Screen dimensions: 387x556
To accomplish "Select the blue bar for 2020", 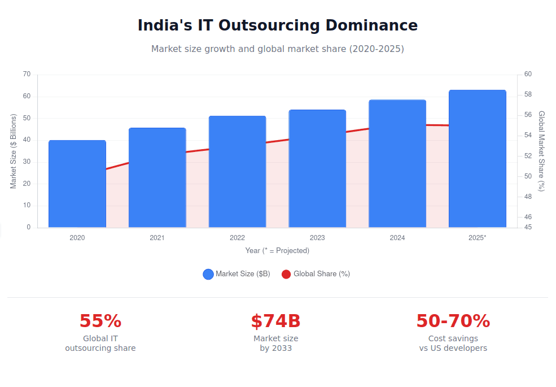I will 77,184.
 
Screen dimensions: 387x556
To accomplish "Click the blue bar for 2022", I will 237,172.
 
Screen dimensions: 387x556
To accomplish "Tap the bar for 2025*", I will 477,159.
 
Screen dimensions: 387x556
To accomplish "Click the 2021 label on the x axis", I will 157,238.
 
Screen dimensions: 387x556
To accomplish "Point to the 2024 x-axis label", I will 397,238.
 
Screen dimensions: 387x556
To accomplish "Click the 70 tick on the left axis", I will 27,74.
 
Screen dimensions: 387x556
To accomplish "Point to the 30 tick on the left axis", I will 27,162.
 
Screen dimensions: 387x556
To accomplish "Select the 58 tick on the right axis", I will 528,94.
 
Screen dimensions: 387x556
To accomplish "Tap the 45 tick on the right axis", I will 528,227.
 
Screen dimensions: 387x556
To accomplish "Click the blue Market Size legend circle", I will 208,274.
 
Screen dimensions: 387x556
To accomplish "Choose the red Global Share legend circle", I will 286,274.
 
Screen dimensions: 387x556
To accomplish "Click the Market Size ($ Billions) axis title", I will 14,151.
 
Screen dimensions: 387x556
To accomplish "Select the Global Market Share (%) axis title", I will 541,151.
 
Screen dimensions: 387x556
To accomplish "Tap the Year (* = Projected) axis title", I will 277,250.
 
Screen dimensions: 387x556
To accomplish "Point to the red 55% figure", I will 100,321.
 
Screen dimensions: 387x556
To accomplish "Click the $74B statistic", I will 275,321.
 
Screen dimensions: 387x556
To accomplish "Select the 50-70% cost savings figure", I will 453,321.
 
